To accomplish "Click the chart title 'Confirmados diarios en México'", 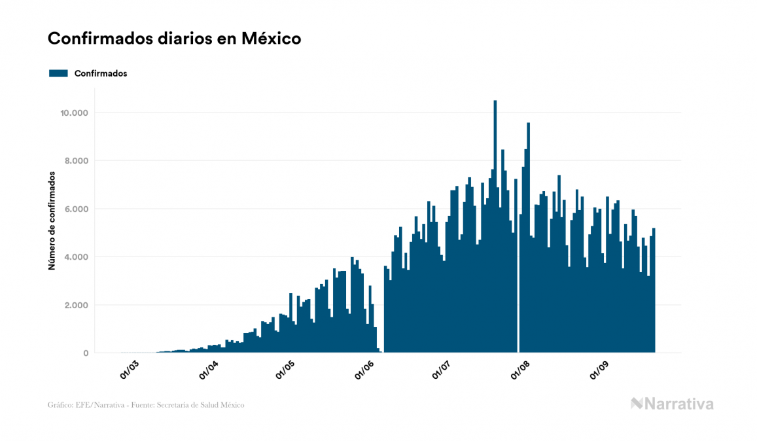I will pos(174,39).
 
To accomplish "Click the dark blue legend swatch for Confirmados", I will pos(58,73).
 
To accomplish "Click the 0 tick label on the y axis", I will pos(85,353).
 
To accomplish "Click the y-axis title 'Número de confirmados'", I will pos(51,221).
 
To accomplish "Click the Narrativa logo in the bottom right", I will pos(672,404).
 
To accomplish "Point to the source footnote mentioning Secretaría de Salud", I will pos(146,405).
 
